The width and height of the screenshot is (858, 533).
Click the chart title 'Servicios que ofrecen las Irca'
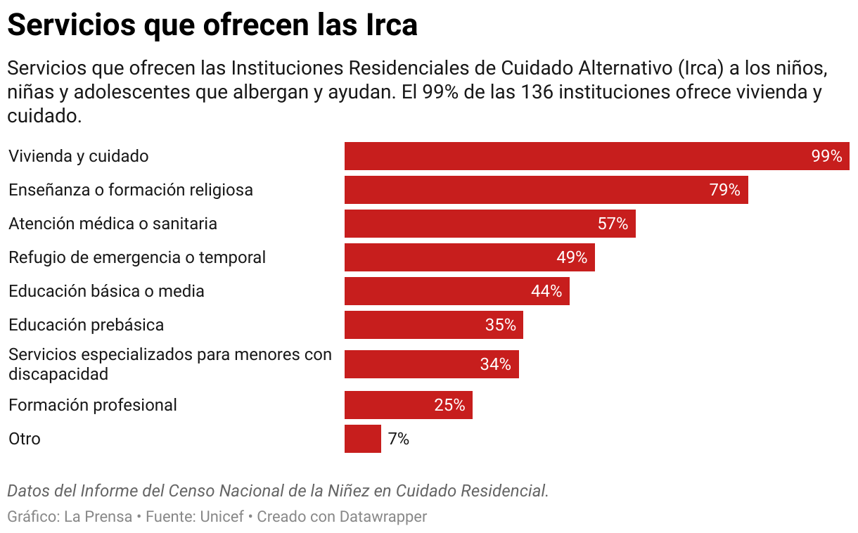pyautogui.click(x=212, y=25)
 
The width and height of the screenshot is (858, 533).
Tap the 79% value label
pyautogui.click(x=724, y=190)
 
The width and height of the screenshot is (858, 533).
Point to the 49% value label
pyautogui.click(x=572, y=257)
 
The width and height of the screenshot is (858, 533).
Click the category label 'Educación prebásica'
pyautogui.click(x=86, y=325)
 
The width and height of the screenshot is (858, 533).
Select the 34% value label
pyautogui.click(x=495, y=364)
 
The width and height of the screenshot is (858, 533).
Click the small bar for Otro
pyautogui.click(x=362, y=439)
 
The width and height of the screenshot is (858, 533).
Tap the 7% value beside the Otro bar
pyautogui.click(x=399, y=439)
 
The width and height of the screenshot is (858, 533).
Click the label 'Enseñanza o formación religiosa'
pyautogui.click(x=131, y=190)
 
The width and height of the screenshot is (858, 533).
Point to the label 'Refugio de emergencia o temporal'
pyautogui.click(x=137, y=257)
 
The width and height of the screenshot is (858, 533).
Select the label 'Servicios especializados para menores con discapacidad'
pyautogui.click(x=169, y=364)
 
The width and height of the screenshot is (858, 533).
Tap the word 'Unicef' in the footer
pyautogui.click(x=222, y=517)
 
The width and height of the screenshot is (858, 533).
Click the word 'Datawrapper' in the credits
pyautogui.click(x=383, y=517)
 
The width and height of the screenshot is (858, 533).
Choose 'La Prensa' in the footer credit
pyautogui.click(x=98, y=517)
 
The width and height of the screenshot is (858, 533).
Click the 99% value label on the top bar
pyautogui.click(x=826, y=156)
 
